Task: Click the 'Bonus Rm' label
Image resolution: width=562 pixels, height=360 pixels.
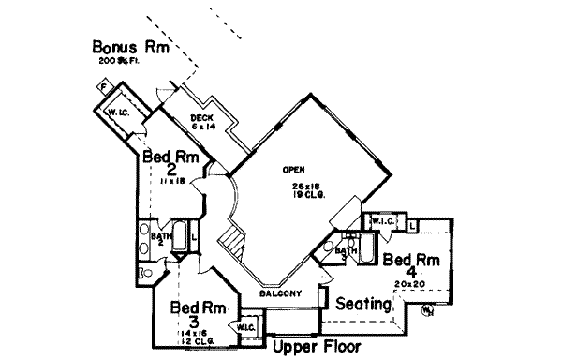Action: point(129,47)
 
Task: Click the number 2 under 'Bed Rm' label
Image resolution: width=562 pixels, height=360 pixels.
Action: point(173,172)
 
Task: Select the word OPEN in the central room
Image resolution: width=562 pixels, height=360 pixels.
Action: point(296,171)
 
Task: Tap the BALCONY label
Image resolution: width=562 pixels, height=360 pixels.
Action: point(281,292)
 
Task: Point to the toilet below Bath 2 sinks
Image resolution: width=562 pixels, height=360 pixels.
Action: point(146,272)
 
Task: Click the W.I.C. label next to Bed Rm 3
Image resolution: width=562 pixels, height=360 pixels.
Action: point(246,326)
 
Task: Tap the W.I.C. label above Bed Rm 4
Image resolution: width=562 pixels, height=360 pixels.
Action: point(385,221)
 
